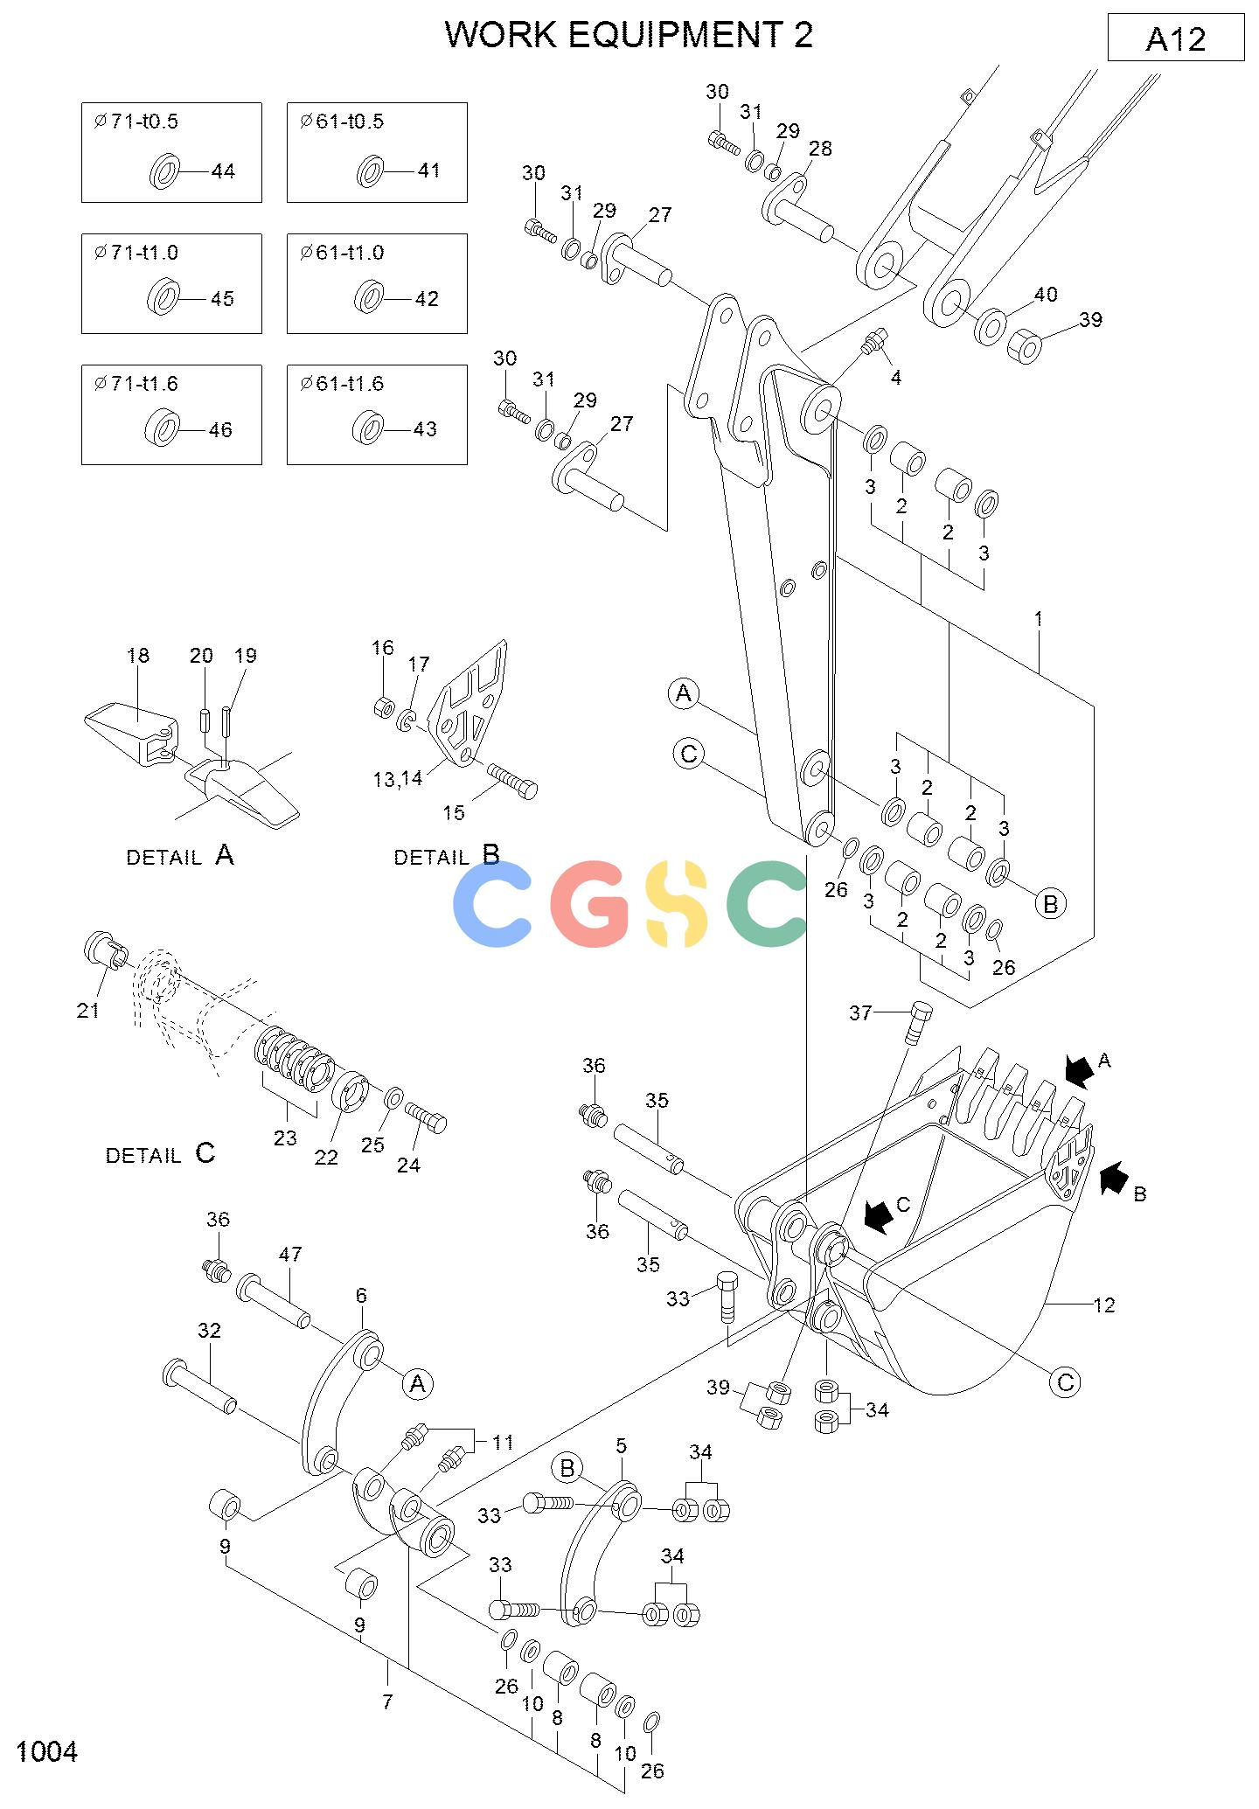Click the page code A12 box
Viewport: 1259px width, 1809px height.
[x=1175, y=38]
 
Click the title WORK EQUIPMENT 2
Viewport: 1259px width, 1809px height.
[x=629, y=34]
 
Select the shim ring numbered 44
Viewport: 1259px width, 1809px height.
[x=163, y=170]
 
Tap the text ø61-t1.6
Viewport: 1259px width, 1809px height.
[x=342, y=383]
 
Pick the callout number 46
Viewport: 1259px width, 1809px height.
[x=220, y=430]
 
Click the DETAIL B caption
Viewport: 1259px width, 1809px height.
[x=447, y=855]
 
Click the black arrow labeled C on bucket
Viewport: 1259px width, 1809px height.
[x=878, y=1214]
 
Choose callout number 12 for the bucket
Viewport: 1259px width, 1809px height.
[x=1104, y=1305]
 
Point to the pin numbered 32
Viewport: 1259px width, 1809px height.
[x=199, y=1386]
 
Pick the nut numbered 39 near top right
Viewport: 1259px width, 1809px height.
[x=1025, y=346]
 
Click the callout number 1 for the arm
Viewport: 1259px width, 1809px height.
[x=1039, y=619]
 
